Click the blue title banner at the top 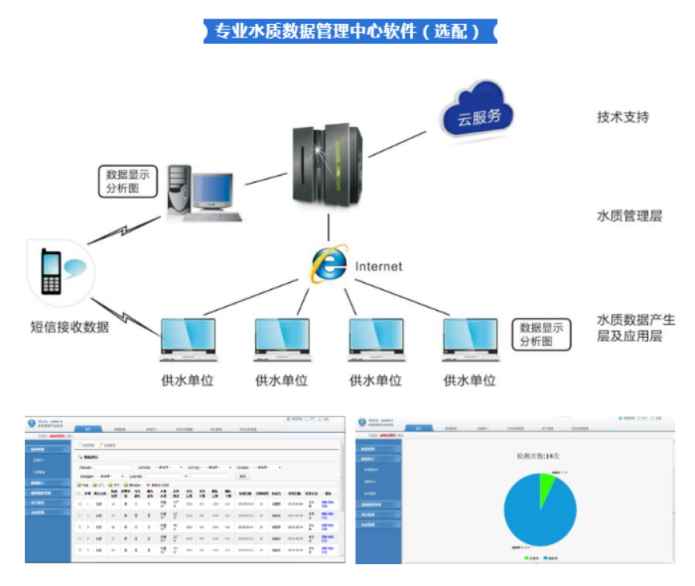click(x=347, y=31)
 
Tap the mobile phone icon click(x=51, y=270)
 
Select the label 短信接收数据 click(x=69, y=327)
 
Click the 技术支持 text click(x=624, y=116)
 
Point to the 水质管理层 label click(x=629, y=216)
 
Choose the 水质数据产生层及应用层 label click(x=635, y=328)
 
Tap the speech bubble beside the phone click(x=77, y=266)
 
